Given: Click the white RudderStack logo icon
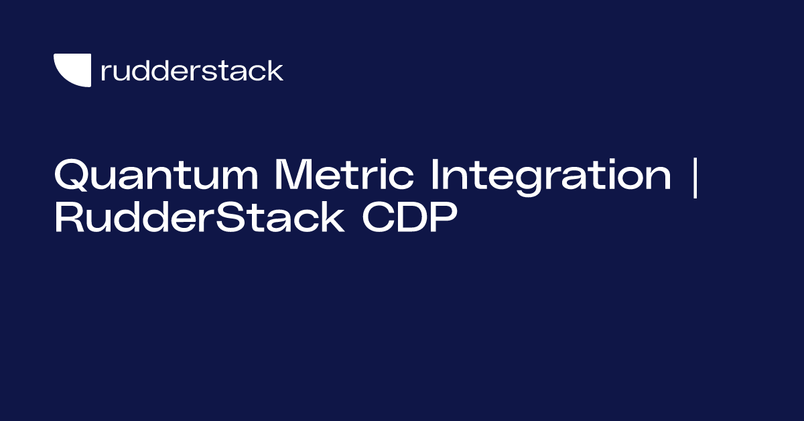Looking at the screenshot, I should pyautogui.click(x=72, y=70).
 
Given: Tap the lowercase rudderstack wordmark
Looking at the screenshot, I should pyautogui.click(x=192, y=70).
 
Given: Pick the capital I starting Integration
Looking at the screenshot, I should pyautogui.click(x=436, y=176).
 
